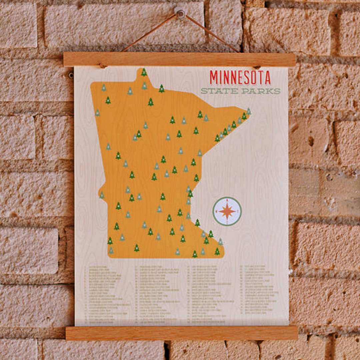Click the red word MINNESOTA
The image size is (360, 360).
click(x=240, y=77)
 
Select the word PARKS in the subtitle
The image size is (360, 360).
click(x=261, y=91)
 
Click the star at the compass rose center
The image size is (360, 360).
click(x=227, y=211)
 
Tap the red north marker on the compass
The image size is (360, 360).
click(x=227, y=200)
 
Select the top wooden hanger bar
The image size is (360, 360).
click(x=179, y=59)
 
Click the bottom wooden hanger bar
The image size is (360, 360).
click(x=181, y=333)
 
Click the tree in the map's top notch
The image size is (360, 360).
click(x=144, y=72)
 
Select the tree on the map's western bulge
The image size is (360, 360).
click(x=102, y=195)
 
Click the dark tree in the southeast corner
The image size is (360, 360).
click(x=217, y=251)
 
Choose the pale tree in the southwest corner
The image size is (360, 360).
click(x=111, y=250)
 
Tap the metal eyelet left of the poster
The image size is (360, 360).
click(x=71, y=75)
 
